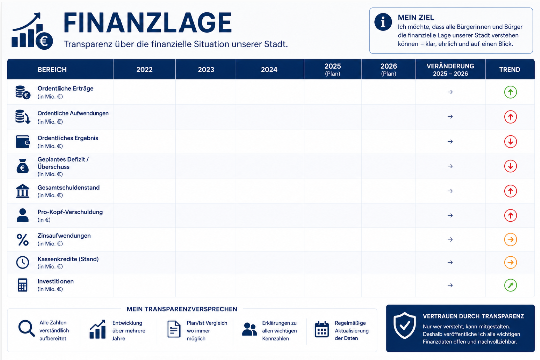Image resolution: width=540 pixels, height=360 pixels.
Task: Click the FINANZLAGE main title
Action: (x=147, y=23)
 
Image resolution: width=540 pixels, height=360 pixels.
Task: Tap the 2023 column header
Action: (x=206, y=69)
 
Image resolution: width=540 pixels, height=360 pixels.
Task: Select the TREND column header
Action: (x=510, y=69)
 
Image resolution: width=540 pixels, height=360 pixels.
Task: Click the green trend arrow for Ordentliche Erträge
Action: (x=510, y=92)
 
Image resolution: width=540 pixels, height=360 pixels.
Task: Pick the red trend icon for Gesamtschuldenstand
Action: (x=510, y=191)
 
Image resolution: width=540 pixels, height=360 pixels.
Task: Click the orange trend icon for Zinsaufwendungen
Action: (x=510, y=239)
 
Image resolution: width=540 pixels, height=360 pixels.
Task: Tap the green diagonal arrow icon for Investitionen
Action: (x=510, y=285)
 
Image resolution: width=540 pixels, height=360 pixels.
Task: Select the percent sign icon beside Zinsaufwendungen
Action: (x=23, y=239)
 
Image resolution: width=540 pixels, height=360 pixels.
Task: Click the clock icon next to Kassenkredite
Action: (x=23, y=262)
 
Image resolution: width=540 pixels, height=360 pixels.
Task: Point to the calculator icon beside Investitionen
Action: (x=23, y=285)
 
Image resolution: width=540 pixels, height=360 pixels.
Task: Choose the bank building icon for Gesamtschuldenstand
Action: (x=23, y=191)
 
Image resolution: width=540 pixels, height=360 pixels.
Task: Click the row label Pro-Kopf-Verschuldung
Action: (x=70, y=212)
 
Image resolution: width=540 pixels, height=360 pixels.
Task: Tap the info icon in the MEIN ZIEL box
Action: (x=383, y=22)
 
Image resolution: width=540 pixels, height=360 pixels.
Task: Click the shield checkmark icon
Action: (x=405, y=326)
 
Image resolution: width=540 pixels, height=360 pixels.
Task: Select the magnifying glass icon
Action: (x=26, y=328)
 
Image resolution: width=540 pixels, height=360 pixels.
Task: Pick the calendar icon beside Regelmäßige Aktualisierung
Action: (x=322, y=329)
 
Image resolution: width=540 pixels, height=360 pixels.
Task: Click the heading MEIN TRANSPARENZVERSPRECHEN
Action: (x=182, y=309)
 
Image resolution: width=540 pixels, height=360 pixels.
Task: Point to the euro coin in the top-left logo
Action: (x=44, y=41)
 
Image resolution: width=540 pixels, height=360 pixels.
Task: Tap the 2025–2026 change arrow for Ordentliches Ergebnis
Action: (x=450, y=142)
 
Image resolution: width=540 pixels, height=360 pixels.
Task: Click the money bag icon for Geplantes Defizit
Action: (x=23, y=166)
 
